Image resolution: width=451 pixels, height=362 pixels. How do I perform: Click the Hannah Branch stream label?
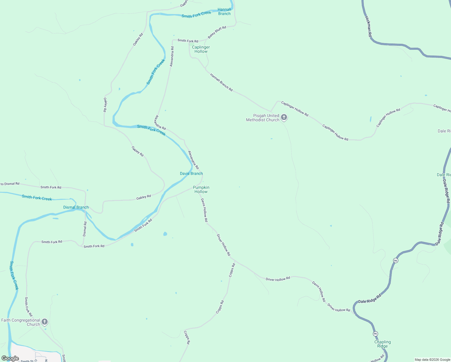(224, 11)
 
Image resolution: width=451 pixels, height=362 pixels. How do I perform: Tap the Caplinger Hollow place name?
(201, 49)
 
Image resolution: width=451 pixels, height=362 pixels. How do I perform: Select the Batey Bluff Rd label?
(217, 33)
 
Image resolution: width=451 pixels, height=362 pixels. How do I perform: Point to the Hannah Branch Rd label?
(221, 82)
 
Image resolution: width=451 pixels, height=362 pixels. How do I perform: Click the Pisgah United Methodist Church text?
(263, 118)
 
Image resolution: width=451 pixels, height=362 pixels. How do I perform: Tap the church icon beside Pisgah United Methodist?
(284, 117)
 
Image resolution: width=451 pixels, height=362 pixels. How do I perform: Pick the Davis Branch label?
(191, 173)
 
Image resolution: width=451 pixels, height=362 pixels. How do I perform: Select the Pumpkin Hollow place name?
(201, 189)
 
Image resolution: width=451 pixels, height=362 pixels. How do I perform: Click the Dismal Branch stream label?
(76, 207)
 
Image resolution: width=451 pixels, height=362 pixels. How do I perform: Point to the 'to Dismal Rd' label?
(10, 184)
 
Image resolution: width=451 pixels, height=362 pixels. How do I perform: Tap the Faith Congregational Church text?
(20, 322)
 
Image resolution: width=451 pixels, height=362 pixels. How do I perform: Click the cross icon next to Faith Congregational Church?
(45, 322)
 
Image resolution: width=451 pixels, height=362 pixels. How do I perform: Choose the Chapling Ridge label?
(383, 344)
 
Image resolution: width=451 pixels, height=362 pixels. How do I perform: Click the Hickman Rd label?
(368, 27)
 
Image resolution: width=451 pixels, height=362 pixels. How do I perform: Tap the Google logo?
(10, 358)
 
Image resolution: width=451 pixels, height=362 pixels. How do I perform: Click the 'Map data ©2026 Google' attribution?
(432, 360)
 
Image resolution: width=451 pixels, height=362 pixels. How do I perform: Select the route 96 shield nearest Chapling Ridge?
(375, 334)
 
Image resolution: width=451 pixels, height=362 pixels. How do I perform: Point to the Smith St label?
(27, 361)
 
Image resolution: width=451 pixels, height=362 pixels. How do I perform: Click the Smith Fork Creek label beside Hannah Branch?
(196, 14)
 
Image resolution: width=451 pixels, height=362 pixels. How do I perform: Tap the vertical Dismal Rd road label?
(85, 229)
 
